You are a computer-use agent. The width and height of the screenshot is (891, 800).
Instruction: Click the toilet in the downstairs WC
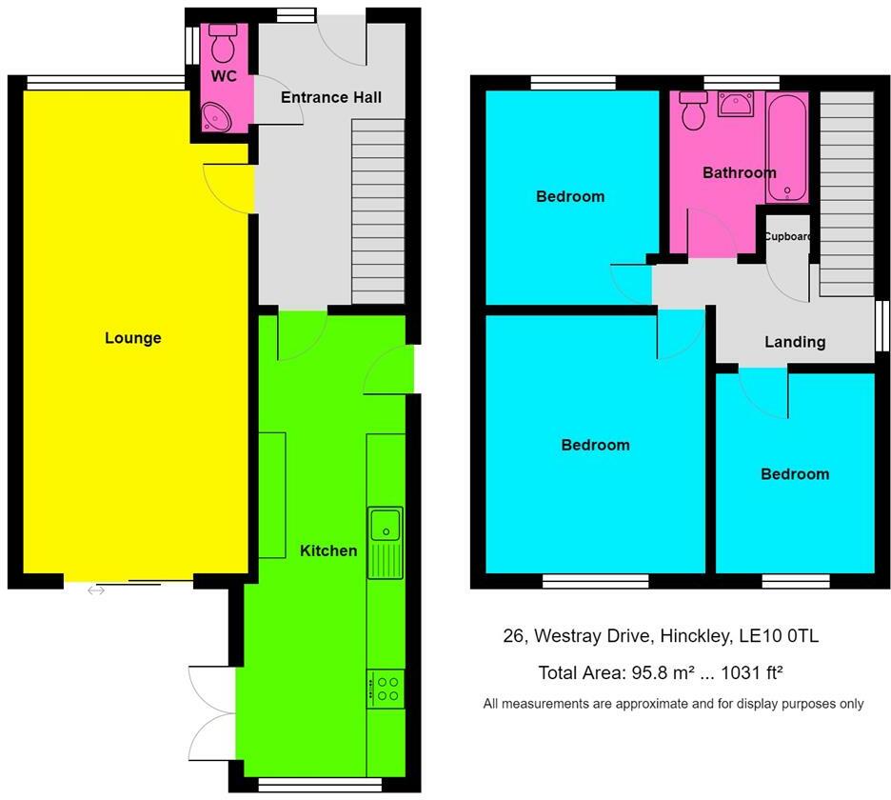223,43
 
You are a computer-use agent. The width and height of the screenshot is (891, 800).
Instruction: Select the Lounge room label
133,338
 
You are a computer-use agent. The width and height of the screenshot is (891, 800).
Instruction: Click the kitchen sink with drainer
386,543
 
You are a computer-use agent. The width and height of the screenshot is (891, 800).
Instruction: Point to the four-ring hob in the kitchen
386,689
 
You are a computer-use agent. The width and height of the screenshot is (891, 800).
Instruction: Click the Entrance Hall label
331,97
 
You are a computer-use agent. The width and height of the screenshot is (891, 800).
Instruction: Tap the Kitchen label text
328,550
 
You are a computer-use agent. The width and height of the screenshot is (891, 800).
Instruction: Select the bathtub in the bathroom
787,148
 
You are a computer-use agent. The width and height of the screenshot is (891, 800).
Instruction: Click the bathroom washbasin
735,104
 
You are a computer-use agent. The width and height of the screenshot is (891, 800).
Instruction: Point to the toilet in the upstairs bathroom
693,110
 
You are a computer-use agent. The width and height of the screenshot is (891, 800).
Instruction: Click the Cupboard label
787,236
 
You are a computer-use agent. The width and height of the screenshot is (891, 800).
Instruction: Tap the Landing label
795,342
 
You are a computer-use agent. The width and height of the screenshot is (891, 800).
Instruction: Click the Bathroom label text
740,172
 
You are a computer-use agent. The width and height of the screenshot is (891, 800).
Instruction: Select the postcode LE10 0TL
779,635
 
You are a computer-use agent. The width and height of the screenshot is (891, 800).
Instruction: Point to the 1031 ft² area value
752,672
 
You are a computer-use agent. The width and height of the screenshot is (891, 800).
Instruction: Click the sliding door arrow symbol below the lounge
96,590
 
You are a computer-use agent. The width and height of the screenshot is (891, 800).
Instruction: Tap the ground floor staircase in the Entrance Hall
378,211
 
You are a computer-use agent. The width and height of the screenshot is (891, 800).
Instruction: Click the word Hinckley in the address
693,635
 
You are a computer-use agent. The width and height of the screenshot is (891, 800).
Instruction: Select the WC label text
224,76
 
